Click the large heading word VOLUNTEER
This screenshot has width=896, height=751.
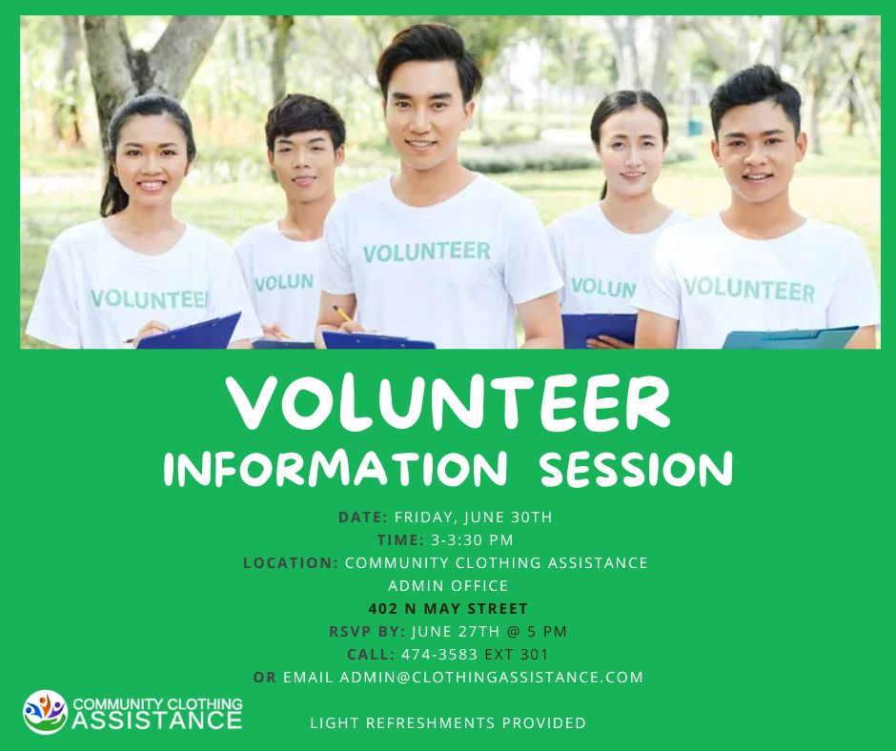pyautogui.click(x=448, y=404)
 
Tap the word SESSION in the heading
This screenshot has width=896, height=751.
pyautogui.click(x=636, y=469)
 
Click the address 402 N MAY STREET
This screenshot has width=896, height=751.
pyautogui.click(x=448, y=608)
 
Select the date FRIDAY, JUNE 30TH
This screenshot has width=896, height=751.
pyautogui.click(x=473, y=517)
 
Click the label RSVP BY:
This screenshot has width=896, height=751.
pyautogui.click(x=367, y=631)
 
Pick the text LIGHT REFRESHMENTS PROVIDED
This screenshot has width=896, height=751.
pyautogui.click(x=448, y=723)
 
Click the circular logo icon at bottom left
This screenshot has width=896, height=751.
pyautogui.click(x=45, y=711)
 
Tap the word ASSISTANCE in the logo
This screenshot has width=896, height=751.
pyautogui.click(x=157, y=719)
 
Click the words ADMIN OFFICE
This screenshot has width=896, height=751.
pyautogui.click(x=448, y=585)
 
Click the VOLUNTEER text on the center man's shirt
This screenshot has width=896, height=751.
pyautogui.click(x=426, y=252)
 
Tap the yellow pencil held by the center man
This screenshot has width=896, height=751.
pyautogui.click(x=342, y=314)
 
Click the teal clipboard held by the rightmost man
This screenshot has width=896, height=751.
pyautogui.click(x=791, y=337)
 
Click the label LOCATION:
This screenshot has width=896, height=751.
pyautogui.click(x=291, y=562)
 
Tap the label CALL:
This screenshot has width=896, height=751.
pyautogui.click(x=371, y=654)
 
